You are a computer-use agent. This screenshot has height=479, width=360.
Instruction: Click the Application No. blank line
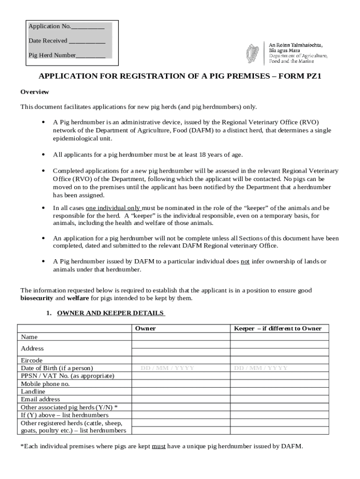pos(87,27)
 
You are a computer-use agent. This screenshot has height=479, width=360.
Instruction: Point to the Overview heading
pos(34,92)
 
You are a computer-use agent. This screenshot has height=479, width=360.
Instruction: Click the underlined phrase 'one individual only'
pos(113,208)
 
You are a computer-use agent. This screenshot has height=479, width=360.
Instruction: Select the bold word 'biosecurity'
pos(37,298)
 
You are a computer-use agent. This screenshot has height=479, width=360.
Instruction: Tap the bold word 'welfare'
pos(78,298)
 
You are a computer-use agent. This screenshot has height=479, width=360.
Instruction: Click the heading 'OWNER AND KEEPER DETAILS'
pos(110,313)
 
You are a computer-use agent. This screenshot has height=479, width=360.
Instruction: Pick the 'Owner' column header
pos(145,328)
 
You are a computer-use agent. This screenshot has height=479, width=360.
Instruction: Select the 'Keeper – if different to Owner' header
pos(278,328)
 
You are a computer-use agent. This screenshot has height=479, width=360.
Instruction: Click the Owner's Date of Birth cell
pos(180,368)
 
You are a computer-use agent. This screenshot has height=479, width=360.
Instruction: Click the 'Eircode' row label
pos(32,361)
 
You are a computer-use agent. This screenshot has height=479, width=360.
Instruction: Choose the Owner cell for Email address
pos(180,399)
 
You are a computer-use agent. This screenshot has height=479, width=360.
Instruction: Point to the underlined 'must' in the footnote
pos(158,446)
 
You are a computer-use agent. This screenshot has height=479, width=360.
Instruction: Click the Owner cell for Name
pos(180,336)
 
